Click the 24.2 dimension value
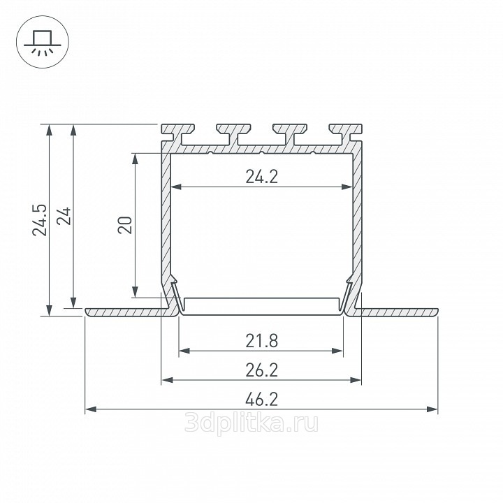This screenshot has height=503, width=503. click(261, 177)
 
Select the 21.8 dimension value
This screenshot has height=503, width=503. click(261, 341)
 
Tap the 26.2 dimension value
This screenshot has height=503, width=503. click(261, 370)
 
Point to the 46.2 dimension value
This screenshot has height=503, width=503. click(261, 400)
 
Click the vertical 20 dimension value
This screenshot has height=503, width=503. click(125, 225)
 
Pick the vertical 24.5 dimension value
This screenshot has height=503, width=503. click(39, 220)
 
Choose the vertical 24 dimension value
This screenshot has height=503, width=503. click(64, 216)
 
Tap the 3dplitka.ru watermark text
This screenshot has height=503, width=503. click(251, 423)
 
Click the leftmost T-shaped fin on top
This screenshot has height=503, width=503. click(177, 132)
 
